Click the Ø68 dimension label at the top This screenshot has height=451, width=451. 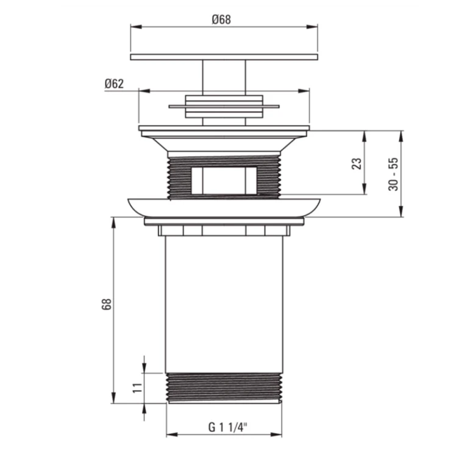click(221, 20)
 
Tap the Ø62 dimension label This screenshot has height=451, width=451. click(114, 83)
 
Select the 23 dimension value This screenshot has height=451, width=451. click(357, 164)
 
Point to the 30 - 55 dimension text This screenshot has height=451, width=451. click(393, 174)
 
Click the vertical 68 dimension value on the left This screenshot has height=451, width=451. click(107, 304)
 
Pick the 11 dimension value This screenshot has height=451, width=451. click(137, 388)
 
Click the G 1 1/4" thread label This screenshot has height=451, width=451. click(228, 427)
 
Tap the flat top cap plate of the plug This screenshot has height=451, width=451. click(224, 57)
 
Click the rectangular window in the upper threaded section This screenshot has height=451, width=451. click(224, 180)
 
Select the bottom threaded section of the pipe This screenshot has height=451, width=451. click(224, 388)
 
